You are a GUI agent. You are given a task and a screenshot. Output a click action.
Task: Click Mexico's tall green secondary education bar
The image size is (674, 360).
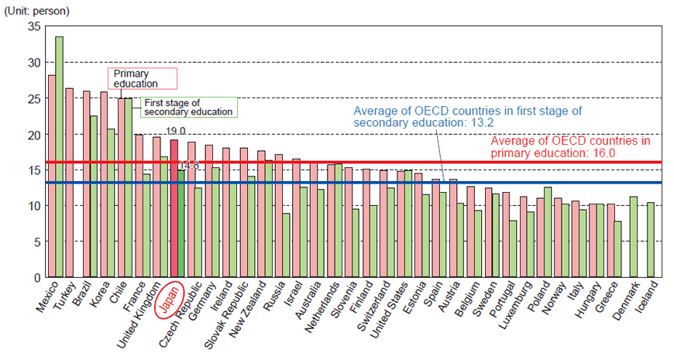pyautogui.click(x=60, y=155)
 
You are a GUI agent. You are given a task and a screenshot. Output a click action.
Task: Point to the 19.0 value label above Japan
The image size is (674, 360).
pyautogui.click(x=176, y=132)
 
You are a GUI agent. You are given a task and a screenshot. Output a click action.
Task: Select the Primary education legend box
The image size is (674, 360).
pyautogui.click(x=141, y=78)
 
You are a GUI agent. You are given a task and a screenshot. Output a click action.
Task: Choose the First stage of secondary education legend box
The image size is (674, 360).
pyautogui.click(x=189, y=107)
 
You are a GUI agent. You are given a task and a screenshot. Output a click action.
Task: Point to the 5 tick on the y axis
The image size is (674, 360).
pyautogui.click(x=36, y=242)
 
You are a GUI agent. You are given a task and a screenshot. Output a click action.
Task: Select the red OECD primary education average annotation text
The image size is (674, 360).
pyautogui.click(x=570, y=147)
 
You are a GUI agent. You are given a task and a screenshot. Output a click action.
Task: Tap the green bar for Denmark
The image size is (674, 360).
pyautogui.click(x=633, y=236)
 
